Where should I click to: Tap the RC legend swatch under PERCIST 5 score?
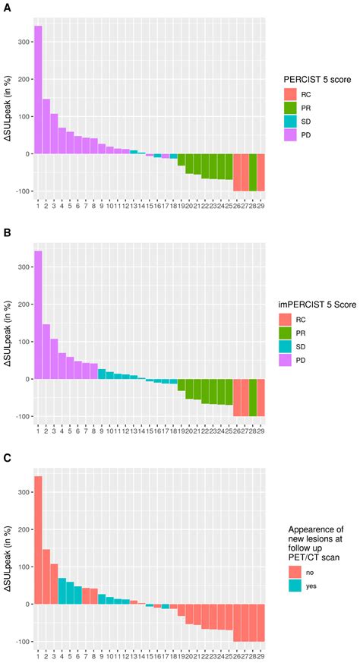click(289, 95)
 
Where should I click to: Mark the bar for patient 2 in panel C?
click(46, 566)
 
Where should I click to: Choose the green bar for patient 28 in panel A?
click(253, 172)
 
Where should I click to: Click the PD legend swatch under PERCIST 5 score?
click(289, 136)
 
